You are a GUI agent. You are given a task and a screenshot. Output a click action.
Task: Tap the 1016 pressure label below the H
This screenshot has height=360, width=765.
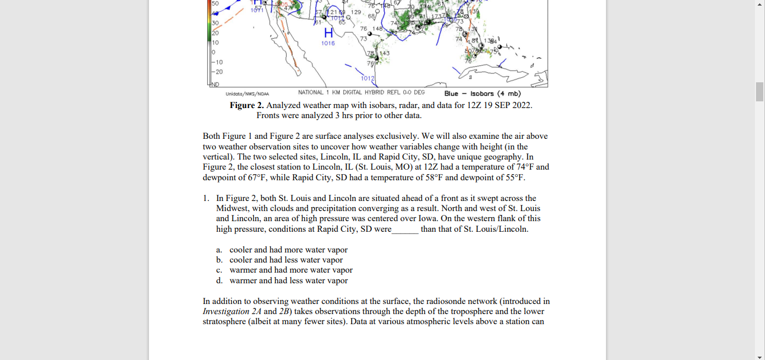point(328,43)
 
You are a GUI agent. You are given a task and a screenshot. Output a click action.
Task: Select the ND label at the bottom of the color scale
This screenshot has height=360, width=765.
point(215,84)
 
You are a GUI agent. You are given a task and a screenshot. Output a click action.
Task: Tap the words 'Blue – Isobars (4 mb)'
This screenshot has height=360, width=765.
point(482,93)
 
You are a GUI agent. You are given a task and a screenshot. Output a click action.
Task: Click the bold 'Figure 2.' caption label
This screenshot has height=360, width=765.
point(246,105)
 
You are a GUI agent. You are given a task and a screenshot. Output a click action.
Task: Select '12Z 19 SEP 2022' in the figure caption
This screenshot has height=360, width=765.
point(500,105)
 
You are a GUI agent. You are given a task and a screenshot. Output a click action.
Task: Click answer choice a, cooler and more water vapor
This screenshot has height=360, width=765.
point(288,250)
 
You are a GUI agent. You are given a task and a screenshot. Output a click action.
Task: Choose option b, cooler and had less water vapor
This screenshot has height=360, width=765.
point(286,260)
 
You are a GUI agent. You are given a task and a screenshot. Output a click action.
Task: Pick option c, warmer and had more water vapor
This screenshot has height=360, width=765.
point(291,270)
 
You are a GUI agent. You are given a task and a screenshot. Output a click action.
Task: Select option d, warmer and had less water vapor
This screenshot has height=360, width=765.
point(288,280)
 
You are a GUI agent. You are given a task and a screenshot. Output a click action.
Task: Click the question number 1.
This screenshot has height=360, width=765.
point(206,198)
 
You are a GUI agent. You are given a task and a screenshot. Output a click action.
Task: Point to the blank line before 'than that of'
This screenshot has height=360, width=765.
point(405,229)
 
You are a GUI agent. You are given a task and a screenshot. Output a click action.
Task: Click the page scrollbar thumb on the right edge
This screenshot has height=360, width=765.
point(760,92)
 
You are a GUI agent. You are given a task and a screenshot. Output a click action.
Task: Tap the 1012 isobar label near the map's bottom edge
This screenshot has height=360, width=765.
point(367,79)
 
